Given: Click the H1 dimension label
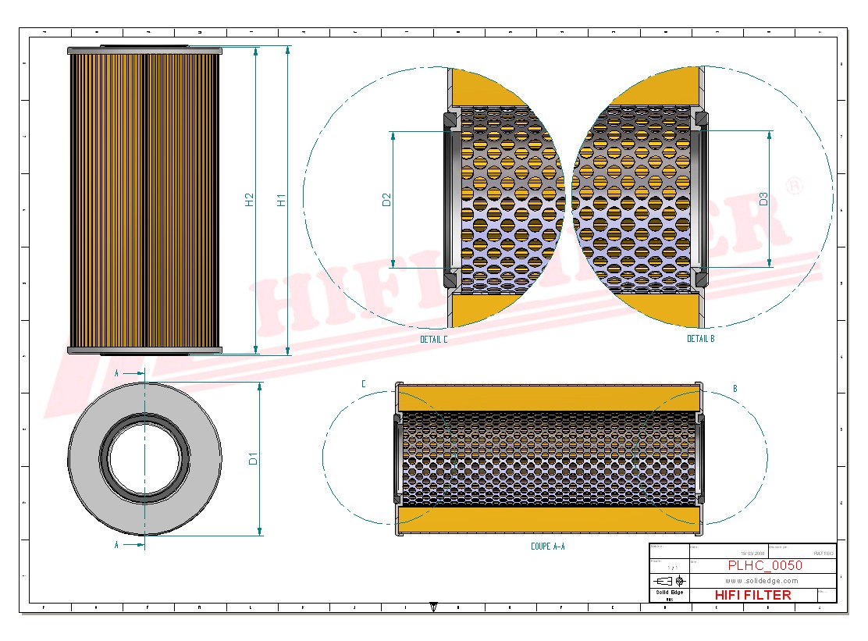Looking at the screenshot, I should coord(281,200).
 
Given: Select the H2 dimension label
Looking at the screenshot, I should coord(250,200).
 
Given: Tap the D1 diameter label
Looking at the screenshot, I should coord(253,459).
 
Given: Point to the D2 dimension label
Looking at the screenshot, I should coord(386,200).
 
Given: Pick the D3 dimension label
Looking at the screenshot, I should coord(763,199).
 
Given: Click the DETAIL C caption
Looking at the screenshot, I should coord(434,340).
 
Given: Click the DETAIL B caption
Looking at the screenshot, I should coord(700,339).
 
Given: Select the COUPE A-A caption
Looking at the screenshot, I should coord(547,547).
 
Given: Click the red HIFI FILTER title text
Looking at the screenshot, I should coord(752,595).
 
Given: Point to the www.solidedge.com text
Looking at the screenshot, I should coord(761,581).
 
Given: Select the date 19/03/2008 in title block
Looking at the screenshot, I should coord(708,553).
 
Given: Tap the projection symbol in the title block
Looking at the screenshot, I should coord(669,581).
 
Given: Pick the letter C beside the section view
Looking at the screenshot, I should coord(363,384).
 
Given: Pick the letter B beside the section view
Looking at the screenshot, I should coord(735,388).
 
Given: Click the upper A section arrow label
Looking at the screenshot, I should coord(116,374).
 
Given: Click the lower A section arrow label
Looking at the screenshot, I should coord(116,543).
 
